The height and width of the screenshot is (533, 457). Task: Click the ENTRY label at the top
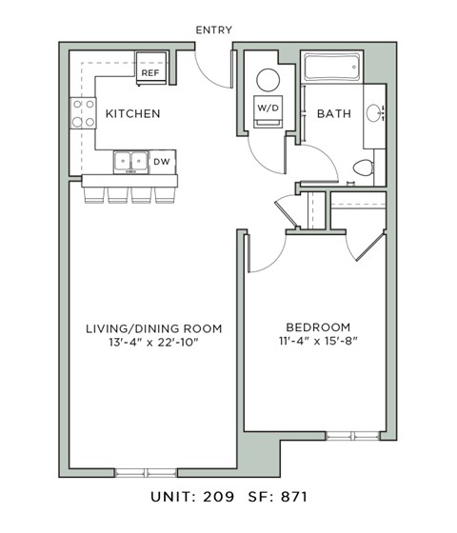click(x=213, y=30)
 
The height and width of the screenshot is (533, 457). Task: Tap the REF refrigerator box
click(x=150, y=70)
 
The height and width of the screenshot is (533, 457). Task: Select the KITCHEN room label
click(x=132, y=114)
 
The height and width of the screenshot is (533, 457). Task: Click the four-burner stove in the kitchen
click(x=83, y=114)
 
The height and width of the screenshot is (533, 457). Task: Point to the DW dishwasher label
click(x=163, y=162)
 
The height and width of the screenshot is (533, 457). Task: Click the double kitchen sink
click(x=130, y=163)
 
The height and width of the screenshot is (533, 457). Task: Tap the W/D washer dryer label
click(x=268, y=108)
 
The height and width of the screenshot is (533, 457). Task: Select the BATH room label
click(x=333, y=114)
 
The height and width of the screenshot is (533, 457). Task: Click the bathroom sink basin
click(x=376, y=114)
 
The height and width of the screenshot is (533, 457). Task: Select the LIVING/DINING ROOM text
click(x=154, y=328)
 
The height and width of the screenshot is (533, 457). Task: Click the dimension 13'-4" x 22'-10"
click(x=154, y=344)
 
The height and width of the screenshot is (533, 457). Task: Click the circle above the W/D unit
click(x=268, y=79)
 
